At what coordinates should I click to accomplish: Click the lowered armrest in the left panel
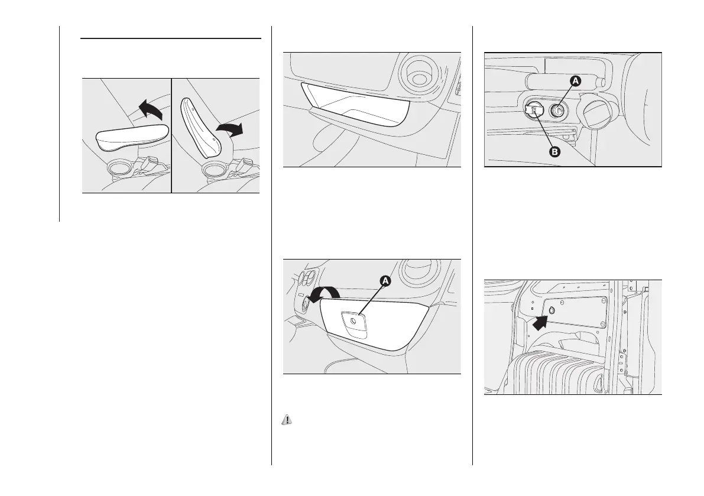coord(132,138)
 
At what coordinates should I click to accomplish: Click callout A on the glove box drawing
coord(385,282)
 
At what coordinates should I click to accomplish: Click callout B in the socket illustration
coord(554,151)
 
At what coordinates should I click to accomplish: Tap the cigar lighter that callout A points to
coord(559,110)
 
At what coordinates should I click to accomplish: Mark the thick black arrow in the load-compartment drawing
coord(540,322)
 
